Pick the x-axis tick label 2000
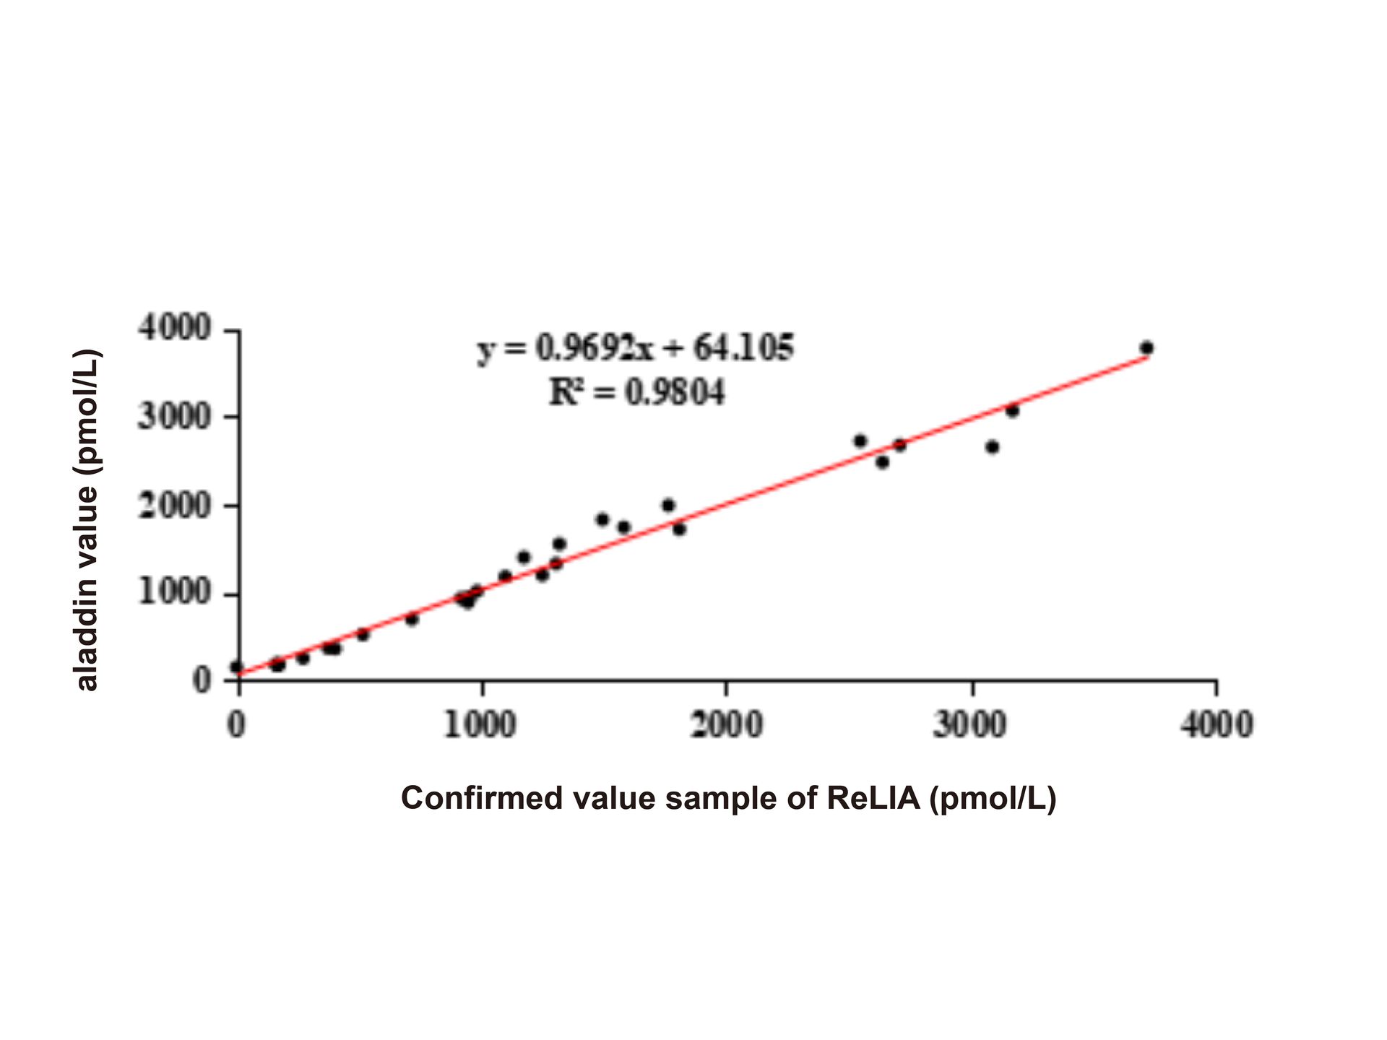pyautogui.click(x=726, y=724)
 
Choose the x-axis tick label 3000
pyautogui.click(x=970, y=724)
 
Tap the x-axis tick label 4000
pyautogui.click(x=1217, y=724)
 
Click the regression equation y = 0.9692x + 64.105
pyautogui.click(x=635, y=349)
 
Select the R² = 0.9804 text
pyautogui.click(x=636, y=392)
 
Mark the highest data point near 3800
pyautogui.click(x=1146, y=347)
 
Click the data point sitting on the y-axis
pyautogui.click(x=237, y=667)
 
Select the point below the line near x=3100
pyautogui.click(x=993, y=447)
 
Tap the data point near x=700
pyautogui.click(x=412, y=619)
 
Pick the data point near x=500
pyautogui.click(x=363, y=634)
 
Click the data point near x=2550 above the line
pyautogui.click(x=860, y=441)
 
